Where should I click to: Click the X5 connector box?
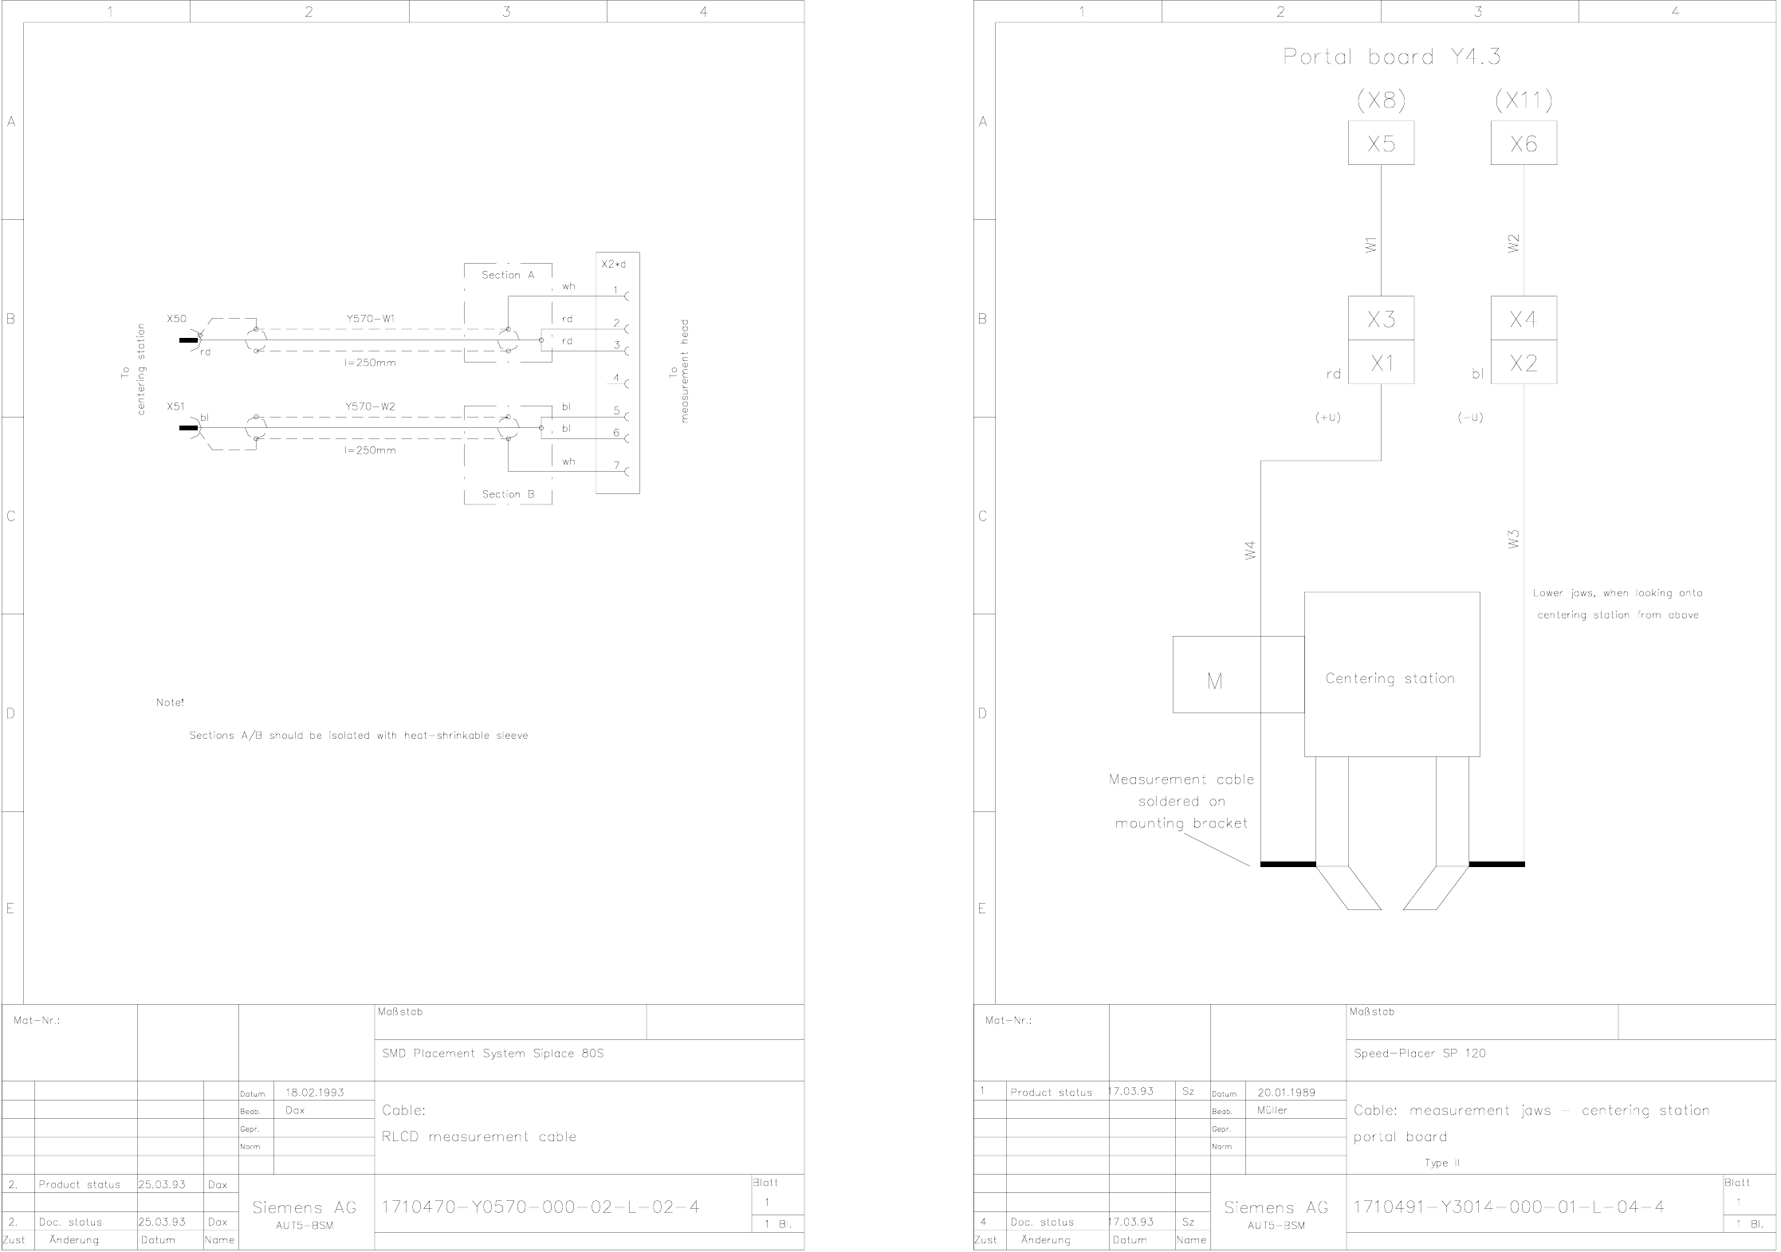[x=1381, y=143]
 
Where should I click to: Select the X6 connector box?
[x=1523, y=143]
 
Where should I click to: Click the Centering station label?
[x=1390, y=679]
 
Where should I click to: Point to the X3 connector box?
[x=1381, y=319]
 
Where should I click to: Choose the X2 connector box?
[x=1523, y=363]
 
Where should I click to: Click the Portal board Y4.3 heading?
[x=1391, y=57]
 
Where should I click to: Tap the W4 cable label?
[x=1250, y=550]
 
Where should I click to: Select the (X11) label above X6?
[x=1523, y=100]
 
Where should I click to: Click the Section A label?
[x=508, y=275]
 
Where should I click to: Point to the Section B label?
[x=508, y=494]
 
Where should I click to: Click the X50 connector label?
[x=176, y=319]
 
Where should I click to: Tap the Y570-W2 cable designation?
[x=370, y=406]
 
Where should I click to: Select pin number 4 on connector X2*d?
[x=616, y=378]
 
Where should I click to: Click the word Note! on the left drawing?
[x=170, y=703]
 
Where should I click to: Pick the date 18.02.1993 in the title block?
[x=315, y=1093]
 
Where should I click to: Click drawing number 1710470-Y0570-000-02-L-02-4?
[x=541, y=1207]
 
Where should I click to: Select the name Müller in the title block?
[x=1272, y=1110]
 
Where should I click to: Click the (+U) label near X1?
[x=1328, y=418]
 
